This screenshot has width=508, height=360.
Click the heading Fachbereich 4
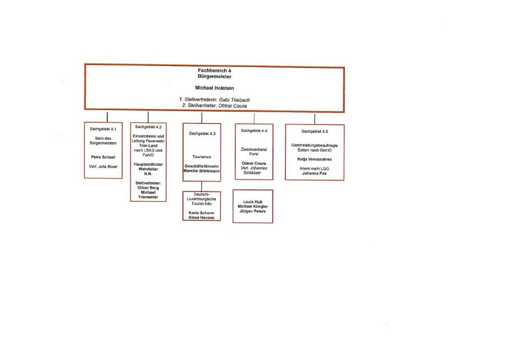pos(214,71)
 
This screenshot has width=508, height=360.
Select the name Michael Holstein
pos(214,88)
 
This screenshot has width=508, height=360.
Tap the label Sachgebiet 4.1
pos(103,129)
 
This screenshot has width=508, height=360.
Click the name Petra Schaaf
pos(103,157)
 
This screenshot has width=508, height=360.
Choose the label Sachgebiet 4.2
pos(148,127)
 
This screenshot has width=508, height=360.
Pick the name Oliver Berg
pos(148,188)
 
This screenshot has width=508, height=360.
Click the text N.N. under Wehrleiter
pos(148,174)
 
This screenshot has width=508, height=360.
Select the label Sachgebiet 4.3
pos(202,133)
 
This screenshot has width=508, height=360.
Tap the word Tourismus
pos(201,157)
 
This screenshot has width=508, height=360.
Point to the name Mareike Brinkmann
pos(201,171)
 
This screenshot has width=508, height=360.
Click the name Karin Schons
pos(201,213)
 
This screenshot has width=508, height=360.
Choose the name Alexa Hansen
pos(201,218)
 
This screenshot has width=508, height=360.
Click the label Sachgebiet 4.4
pos(254,131)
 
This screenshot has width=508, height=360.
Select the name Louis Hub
pos(253,202)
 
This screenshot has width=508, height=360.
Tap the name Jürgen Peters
pos(253,211)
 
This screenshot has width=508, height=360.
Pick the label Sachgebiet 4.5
pos(315,132)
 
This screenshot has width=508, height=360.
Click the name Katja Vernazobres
pos(315,159)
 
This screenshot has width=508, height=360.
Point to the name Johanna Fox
pos(315,173)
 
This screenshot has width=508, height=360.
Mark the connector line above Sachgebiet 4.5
pos(315,119)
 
